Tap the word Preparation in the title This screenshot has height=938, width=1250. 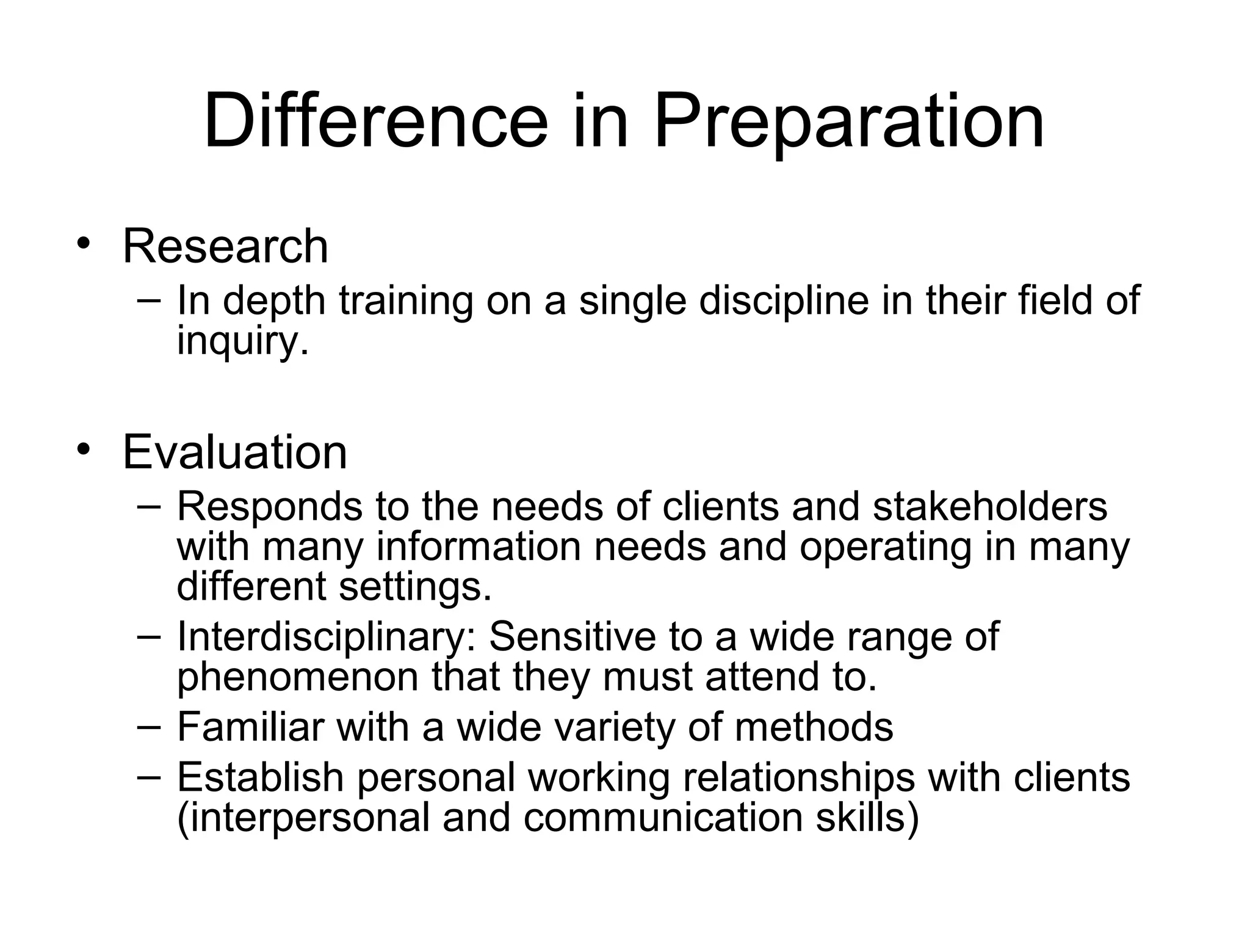click(x=848, y=122)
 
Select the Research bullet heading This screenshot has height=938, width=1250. click(x=225, y=246)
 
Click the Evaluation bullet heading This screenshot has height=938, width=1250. click(x=235, y=453)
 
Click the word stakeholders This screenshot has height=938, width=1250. click(x=989, y=506)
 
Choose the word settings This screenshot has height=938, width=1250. click(x=415, y=587)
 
